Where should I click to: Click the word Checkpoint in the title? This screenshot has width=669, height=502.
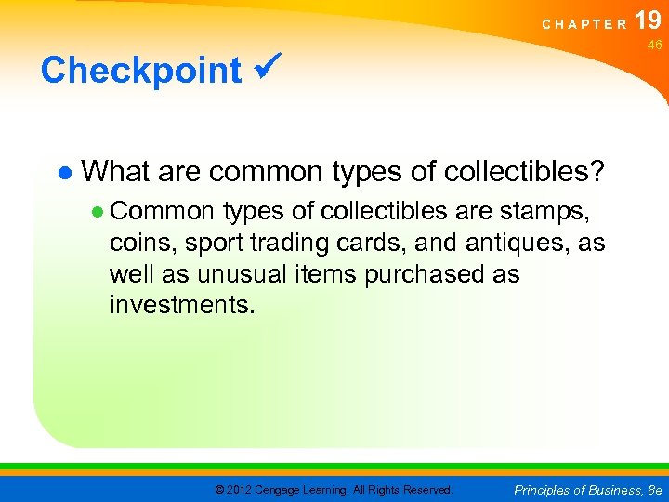coord(140,71)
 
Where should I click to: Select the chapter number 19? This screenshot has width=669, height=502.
coord(648,20)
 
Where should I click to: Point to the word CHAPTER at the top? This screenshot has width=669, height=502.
coord(584,24)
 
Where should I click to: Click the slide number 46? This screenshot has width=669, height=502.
coord(654,46)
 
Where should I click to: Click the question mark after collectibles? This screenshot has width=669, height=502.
coord(596,171)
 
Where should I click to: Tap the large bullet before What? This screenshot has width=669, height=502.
coord(63,173)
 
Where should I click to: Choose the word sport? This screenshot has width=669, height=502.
coord(216,244)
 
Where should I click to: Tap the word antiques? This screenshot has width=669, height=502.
coord(523,244)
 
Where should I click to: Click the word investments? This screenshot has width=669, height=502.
coord(181,305)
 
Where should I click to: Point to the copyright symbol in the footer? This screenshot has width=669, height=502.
coord(220,489)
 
